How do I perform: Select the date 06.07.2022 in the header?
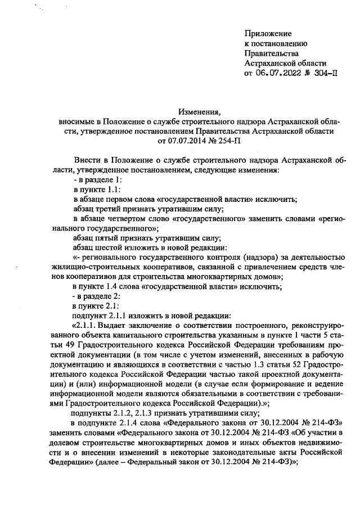pos(280,73)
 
